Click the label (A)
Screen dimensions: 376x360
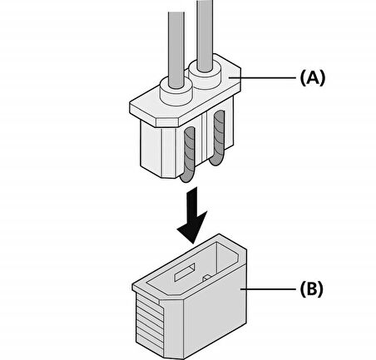(313, 78)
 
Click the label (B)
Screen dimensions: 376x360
(312, 288)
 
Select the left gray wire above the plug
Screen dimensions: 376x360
(176, 50)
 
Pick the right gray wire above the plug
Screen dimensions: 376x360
(205, 36)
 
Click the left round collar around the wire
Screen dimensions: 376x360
(176, 91)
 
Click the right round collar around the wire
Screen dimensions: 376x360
(205, 74)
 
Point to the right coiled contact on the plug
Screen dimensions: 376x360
(219, 138)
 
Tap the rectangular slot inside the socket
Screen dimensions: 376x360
(185, 272)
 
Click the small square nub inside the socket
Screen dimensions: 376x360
(207, 278)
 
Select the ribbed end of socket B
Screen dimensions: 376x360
(150, 324)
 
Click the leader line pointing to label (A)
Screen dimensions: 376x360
(262, 78)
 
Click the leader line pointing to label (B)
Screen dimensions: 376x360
(268, 289)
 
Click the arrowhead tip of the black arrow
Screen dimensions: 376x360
(193, 244)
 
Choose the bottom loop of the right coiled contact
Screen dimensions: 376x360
(215, 162)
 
